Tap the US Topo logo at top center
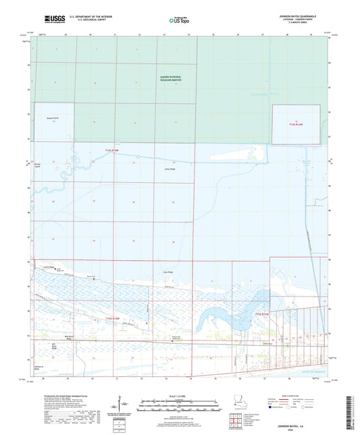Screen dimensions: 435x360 tap(179, 20)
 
